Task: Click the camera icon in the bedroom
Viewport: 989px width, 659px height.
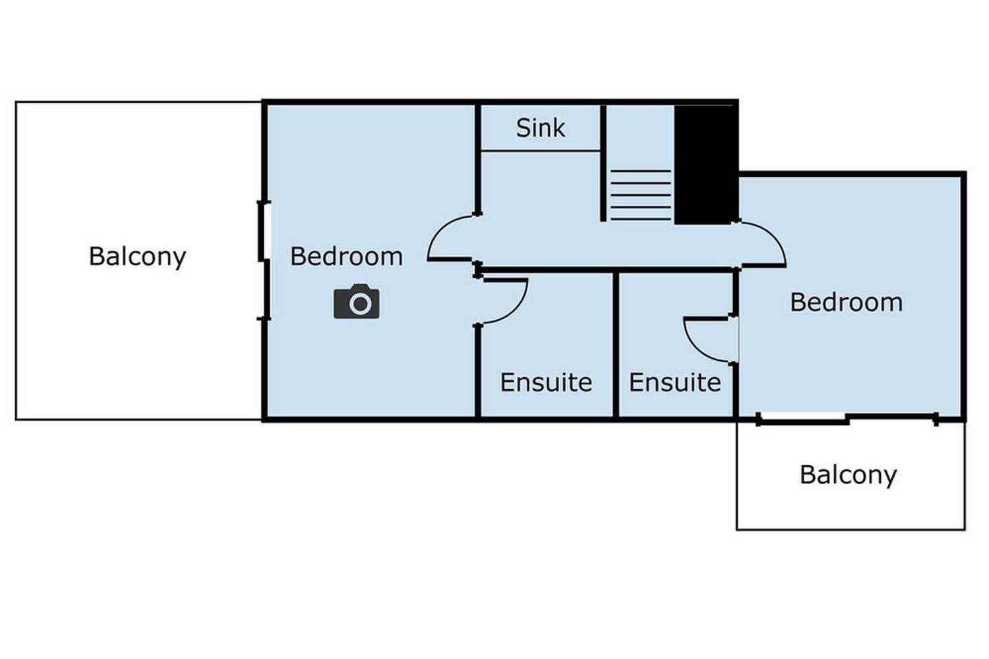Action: click(x=356, y=302)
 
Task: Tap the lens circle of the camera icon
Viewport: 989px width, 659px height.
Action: click(x=360, y=304)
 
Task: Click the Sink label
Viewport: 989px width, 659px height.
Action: click(x=540, y=128)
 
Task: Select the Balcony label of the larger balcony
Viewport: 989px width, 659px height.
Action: click(x=137, y=257)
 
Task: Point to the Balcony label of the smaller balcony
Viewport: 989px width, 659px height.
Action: click(x=848, y=475)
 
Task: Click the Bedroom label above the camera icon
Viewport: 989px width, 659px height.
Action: click(x=346, y=257)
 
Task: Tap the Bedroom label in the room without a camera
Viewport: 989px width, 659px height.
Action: click(x=846, y=302)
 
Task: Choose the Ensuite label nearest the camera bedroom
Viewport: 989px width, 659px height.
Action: click(x=546, y=383)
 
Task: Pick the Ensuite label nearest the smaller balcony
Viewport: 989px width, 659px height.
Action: click(x=674, y=383)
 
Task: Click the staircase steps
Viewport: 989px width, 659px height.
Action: click(x=640, y=195)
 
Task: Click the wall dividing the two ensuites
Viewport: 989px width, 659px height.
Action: click(x=616, y=343)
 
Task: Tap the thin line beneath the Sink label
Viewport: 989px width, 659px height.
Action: click(x=540, y=150)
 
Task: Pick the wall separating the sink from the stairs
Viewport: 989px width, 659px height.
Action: click(x=603, y=162)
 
